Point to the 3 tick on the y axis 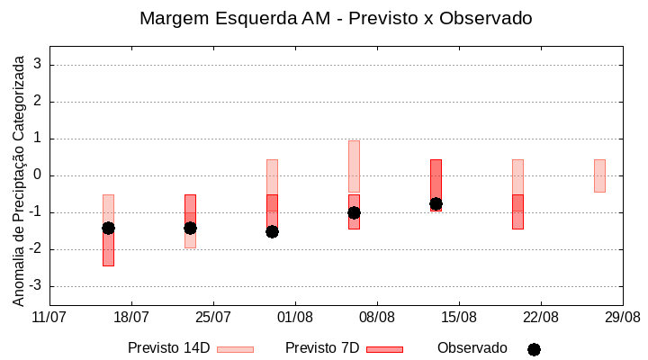click(39, 65)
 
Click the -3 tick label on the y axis click(36, 286)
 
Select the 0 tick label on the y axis click(39, 175)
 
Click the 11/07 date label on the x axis click(49, 317)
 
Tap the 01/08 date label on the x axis click(295, 317)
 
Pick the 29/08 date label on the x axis click(623, 317)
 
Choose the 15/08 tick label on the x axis click(459, 317)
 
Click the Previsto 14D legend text click(168, 348)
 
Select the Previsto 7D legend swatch click(384, 349)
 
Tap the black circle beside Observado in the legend click(534, 349)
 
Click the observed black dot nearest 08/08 click(354, 212)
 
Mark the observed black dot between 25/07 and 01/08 click(272, 231)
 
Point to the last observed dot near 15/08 click(436, 203)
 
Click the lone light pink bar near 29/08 click(599, 175)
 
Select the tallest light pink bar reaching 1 click(354, 166)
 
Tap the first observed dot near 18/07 click(108, 228)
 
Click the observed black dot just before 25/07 click(190, 228)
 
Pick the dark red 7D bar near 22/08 click(517, 211)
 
